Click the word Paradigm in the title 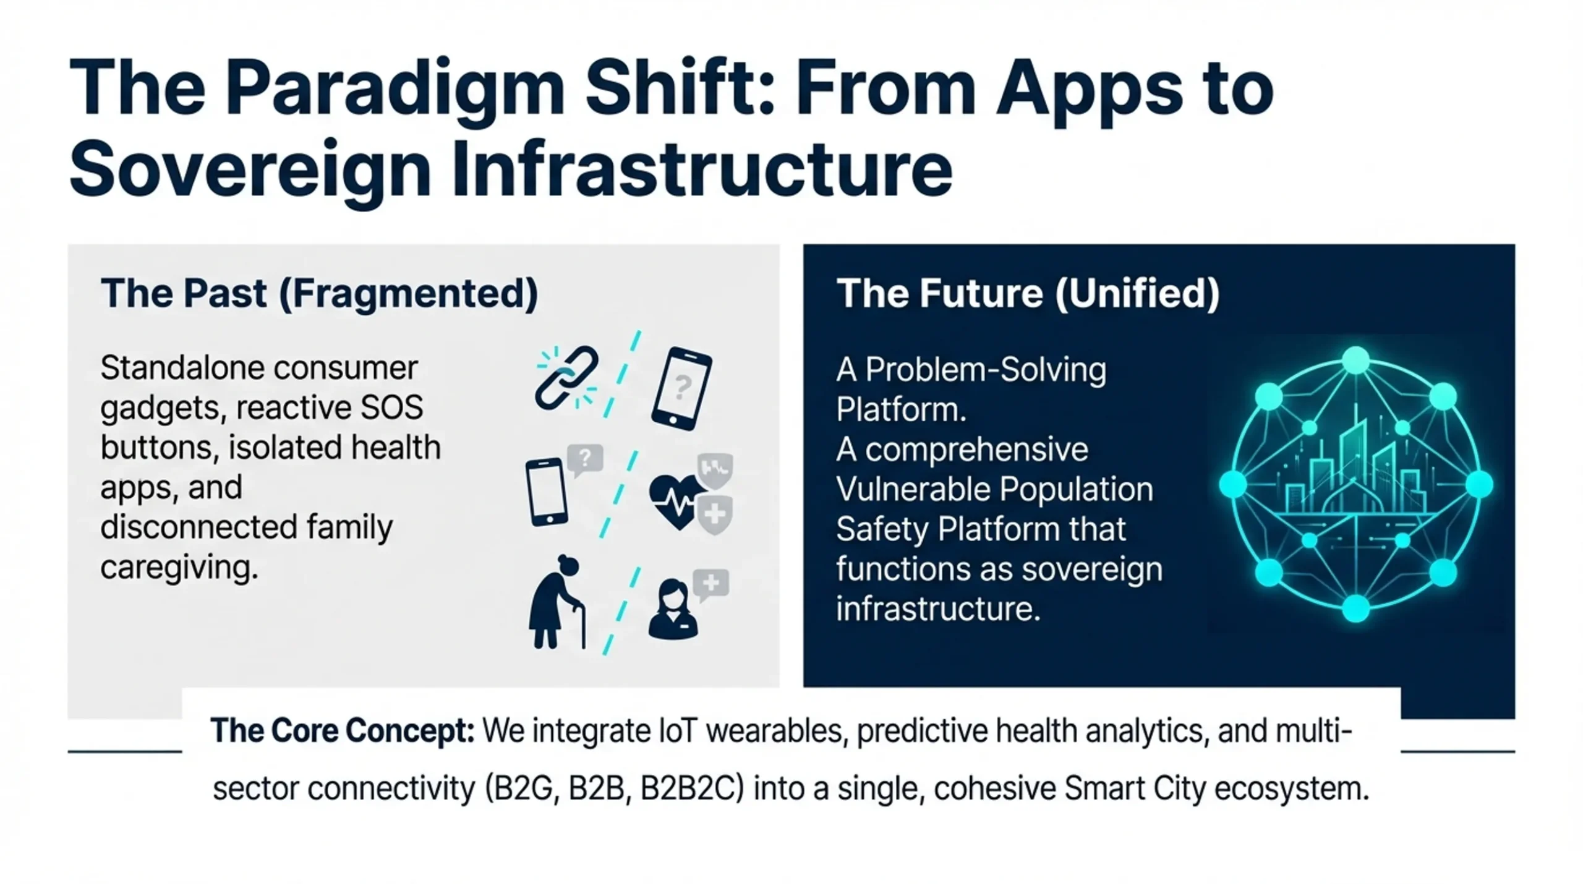click(394, 89)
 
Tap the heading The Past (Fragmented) click(319, 294)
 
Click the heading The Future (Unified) click(1028, 294)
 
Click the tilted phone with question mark click(681, 388)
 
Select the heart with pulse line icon click(677, 502)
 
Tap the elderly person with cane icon click(557, 601)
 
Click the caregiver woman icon click(673, 608)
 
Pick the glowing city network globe click(1355, 485)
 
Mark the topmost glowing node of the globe click(1355, 360)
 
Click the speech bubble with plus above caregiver click(711, 583)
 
